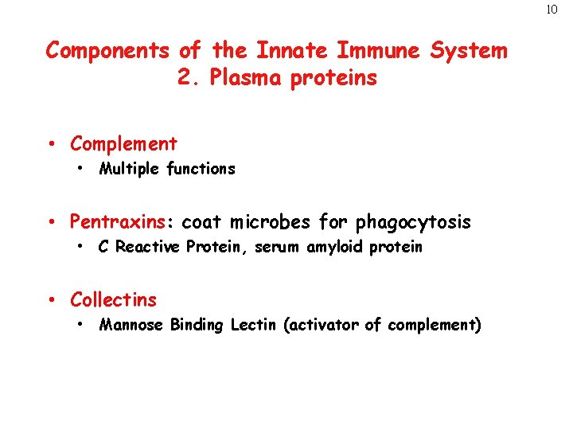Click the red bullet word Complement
[123, 144]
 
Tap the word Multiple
[130, 169]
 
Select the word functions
[201, 169]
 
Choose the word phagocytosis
[413, 222]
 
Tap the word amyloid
[335, 247]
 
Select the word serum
[276, 247]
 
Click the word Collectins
[113, 300]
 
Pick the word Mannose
[131, 325]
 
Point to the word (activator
[321, 325]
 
